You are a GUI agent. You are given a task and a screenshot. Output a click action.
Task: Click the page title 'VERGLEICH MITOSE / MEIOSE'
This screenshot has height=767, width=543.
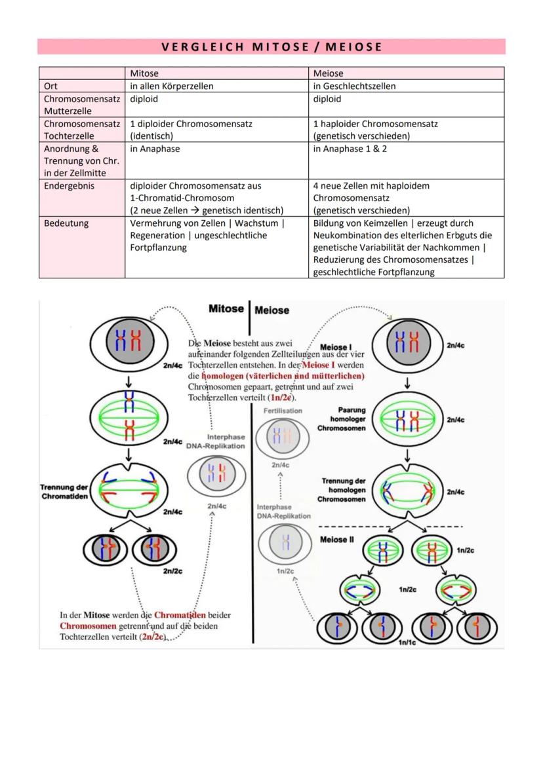click(x=271, y=47)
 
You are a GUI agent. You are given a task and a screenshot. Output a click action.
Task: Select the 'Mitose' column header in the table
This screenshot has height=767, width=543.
click(x=144, y=73)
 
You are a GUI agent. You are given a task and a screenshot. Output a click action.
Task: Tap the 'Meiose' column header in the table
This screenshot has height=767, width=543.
click(x=328, y=73)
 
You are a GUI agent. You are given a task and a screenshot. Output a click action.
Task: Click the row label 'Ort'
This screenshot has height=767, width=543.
click(x=50, y=86)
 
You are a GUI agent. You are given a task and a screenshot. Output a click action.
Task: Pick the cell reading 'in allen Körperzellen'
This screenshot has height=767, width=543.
click(x=172, y=86)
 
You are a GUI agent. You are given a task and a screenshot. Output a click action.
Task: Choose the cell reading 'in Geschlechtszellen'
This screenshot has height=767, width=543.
click(x=354, y=86)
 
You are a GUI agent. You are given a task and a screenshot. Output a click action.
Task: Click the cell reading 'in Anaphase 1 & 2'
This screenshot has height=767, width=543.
click(x=350, y=149)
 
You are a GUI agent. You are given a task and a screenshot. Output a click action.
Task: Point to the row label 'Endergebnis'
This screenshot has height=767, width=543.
click(x=69, y=186)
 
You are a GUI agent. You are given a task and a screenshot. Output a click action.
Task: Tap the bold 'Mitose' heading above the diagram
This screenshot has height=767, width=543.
click(x=226, y=309)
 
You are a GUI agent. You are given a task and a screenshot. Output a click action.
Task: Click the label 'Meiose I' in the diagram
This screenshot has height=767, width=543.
click(x=336, y=346)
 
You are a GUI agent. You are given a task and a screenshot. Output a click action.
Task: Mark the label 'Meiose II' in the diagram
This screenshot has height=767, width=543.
click(x=337, y=540)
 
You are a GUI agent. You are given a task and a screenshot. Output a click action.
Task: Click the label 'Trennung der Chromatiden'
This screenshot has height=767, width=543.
click(x=64, y=491)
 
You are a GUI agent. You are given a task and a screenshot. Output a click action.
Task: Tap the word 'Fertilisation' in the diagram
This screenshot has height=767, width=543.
click(x=283, y=411)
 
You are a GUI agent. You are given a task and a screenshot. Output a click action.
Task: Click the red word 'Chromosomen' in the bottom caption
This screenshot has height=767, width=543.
click(x=83, y=626)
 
